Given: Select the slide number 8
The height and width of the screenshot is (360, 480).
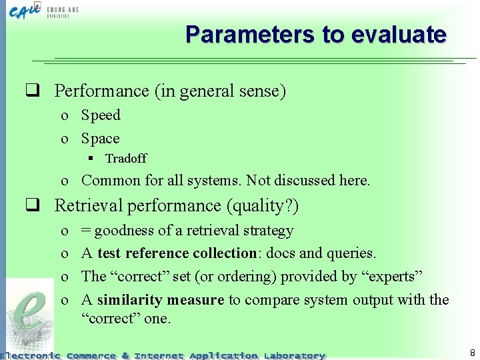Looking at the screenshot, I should point(472,353).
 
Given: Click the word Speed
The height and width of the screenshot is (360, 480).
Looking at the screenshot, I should point(101,115).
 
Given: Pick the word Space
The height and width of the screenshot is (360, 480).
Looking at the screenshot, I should point(100,139).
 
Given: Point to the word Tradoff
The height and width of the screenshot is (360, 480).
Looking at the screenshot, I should point(125,159).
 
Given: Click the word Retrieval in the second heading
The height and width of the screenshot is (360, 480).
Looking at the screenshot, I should point(85,206).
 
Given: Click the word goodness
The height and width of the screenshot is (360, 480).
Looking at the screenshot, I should point(124,231).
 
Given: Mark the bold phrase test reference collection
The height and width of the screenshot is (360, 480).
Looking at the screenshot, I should point(177,253).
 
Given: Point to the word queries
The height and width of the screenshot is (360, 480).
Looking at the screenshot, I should point(351,253).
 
